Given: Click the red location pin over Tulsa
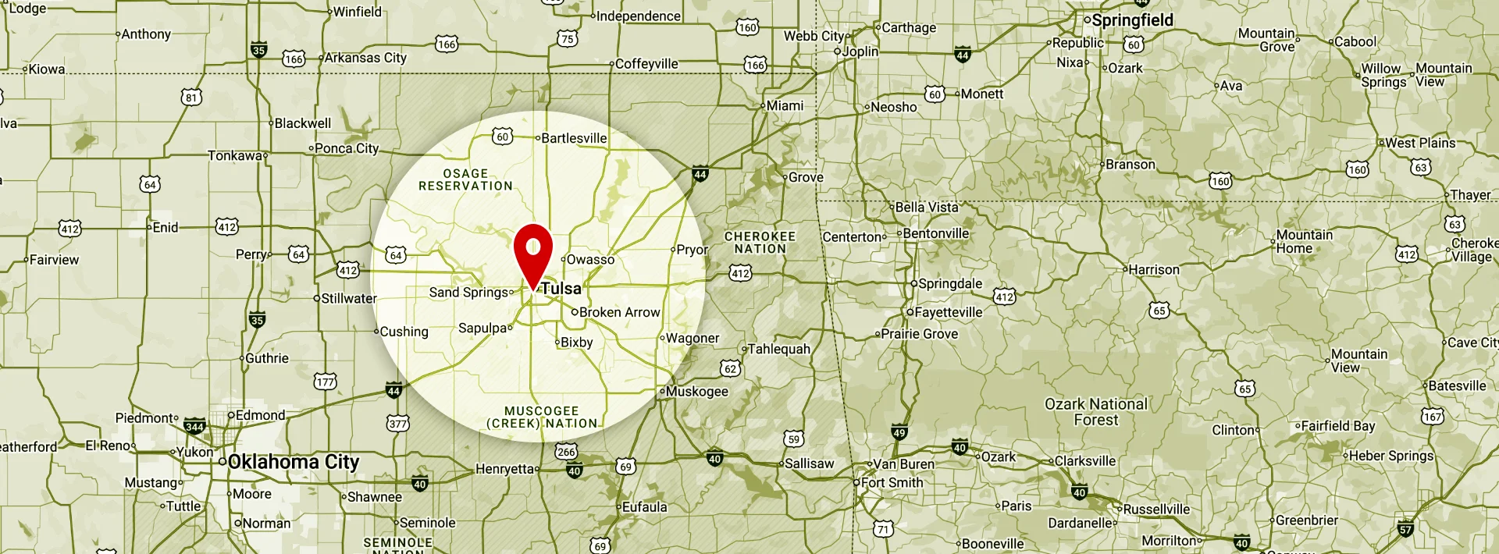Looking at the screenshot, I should [533, 251].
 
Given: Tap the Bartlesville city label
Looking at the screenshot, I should [573, 138].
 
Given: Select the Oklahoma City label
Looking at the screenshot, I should [293, 462].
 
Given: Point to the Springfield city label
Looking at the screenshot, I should [1131, 20].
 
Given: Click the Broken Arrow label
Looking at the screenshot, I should [619, 312].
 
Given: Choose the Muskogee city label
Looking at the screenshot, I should [696, 391].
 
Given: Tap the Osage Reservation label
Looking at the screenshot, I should [465, 179].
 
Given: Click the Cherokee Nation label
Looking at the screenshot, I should [760, 242].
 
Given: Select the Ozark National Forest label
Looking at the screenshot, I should [1096, 411].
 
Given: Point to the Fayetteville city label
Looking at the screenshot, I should [948, 312].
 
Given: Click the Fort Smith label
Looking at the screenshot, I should [892, 482].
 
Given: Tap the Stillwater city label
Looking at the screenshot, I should [348, 298].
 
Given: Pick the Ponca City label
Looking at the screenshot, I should [346, 148].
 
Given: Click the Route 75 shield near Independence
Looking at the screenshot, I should [568, 39].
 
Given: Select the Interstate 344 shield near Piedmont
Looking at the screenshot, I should [194, 427].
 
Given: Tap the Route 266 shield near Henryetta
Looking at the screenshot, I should [566, 452].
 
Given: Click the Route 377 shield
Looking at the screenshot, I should [397, 424].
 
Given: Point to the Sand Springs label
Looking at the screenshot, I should [468, 292].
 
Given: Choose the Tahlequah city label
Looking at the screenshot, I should [778, 349].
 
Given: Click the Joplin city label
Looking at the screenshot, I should [860, 51].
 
